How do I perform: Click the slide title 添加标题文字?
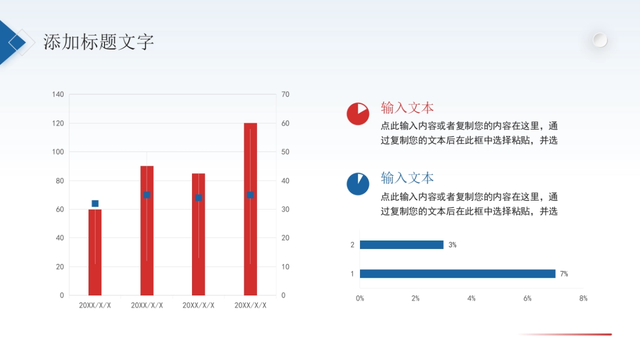pyautogui.click(x=99, y=42)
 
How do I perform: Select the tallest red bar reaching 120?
pyautogui.click(x=250, y=209)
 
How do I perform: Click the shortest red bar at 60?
pyautogui.click(x=95, y=252)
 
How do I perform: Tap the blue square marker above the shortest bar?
pyautogui.click(x=95, y=203)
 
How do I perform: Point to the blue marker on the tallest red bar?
pyautogui.click(x=250, y=195)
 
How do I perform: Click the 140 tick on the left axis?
pyautogui.click(x=58, y=94)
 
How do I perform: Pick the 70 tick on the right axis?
pyautogui.click(x=285, y=94)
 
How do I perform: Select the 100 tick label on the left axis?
pyautogui.click(x=58, y=152)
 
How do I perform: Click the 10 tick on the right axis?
pyautogui.click(x=285, y=267)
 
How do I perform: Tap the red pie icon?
pyautogui.click(x=358, y=114)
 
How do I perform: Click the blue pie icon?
pyautogui.click(x=358, y=184)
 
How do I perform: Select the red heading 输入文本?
pyautogui.click(x=407, y=108)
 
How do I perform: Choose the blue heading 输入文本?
pyautogui.click(x=407, y=178)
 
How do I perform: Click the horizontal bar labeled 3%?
pyautogui.click(x=402, y=245)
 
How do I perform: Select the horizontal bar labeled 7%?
pyautogui.click(x=458, y=274)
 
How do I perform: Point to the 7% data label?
pyautogui.click(x=564, y=274)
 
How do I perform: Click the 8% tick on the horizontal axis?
pyautogui.click(x=583, y=299)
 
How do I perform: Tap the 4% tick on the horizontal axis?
pyautogui.click(x=471, y=299)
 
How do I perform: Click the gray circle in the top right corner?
pyautogui.click(x=600, y=40)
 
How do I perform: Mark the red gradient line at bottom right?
pyautogui.click(x=565, y=334)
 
